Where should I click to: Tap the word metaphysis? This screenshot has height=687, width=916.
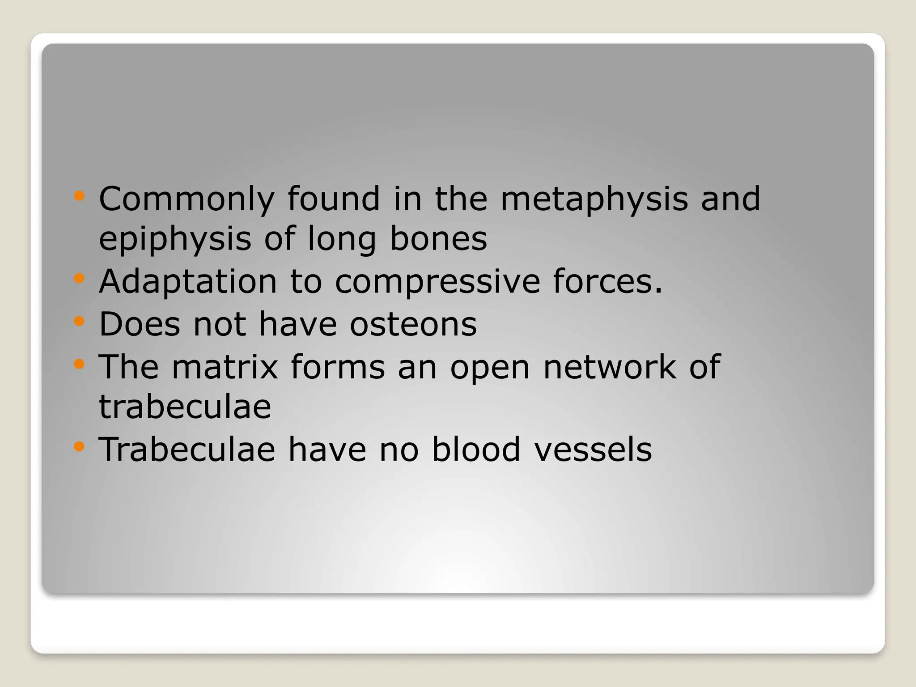point(594,199)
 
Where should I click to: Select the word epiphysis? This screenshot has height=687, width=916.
point(175,239)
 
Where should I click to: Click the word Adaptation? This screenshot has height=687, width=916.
point(188,282)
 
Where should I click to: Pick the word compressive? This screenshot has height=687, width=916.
point(437,282)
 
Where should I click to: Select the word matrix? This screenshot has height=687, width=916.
point(225,366)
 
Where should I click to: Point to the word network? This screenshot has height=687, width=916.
point(609,366)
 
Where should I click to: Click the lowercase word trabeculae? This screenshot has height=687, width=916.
point(185,407)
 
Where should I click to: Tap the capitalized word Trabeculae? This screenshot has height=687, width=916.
point(187,449)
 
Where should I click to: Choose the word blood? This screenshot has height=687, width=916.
point(476,449)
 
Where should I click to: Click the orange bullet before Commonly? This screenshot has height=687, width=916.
point(79,195)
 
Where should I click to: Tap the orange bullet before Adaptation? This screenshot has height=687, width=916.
point(79,279)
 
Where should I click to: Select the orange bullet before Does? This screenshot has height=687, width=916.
point(79,321)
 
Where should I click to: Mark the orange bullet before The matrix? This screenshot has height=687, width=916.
point(79,363)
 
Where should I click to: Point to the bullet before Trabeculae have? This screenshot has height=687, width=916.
point(79,446)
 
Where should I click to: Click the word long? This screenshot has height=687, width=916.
point(342,239)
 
